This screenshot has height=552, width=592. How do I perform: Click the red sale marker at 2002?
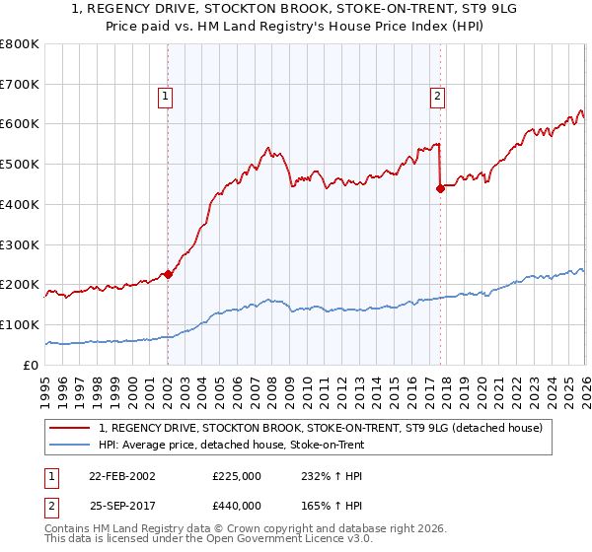point(168,275)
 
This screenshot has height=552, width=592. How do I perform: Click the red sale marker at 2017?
point(439,189)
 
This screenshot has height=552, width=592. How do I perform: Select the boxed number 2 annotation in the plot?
point(436,97)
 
